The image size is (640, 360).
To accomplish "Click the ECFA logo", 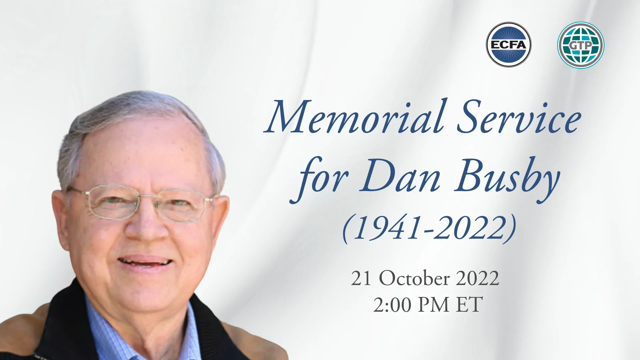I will click(508, 45).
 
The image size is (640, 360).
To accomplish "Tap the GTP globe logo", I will click(581, 45).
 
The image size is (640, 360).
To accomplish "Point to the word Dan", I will click(400, 177).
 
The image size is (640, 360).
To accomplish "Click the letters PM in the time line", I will click(433, 305).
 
